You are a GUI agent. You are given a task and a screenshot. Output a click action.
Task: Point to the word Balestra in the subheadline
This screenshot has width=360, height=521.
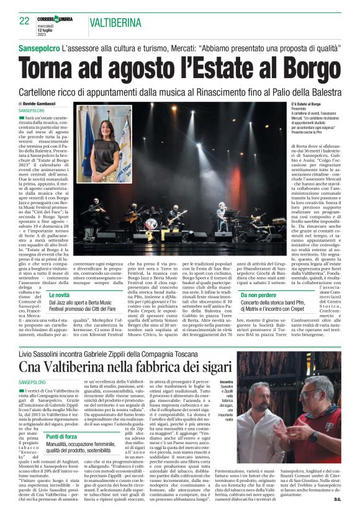(325, 91)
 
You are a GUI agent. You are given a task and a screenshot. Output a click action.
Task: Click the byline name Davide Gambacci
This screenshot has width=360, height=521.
(47, 104)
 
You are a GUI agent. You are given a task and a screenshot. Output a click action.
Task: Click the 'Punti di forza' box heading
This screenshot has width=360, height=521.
(62, 419)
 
